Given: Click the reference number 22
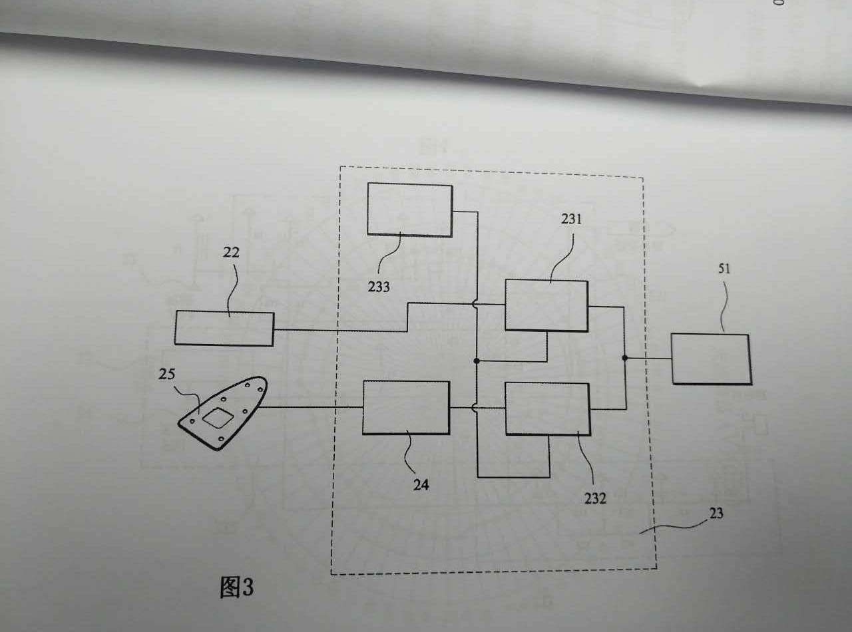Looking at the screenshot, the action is [x=231, y=252].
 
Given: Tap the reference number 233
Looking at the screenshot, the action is [x=379, y=287].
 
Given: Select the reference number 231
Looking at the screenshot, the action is [x=572, y=219].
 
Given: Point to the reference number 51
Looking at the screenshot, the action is [x=724, y=268].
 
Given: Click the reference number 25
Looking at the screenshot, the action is [x=166, y=374].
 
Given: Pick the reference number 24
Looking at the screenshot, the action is [x=421, y=485].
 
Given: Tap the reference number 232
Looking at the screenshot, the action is [x=595, y=498].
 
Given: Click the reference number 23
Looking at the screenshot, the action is [x=716, y=513].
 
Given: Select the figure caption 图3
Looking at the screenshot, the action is [x=236, y=587].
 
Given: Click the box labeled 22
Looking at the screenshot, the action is [x=224, y=329].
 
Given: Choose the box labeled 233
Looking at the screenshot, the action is [x=410, y=210].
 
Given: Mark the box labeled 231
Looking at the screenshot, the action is [x=546, y=305].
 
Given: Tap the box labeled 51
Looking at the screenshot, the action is [x=712, y=359].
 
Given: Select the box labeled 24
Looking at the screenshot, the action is [x=406, y=407].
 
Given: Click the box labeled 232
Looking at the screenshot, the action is [x=547, y=409].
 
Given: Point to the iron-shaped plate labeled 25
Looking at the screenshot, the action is [x=223, y=412].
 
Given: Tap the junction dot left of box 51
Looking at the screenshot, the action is [x=624, y=358].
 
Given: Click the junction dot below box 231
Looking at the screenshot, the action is [x=477, y=361].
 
